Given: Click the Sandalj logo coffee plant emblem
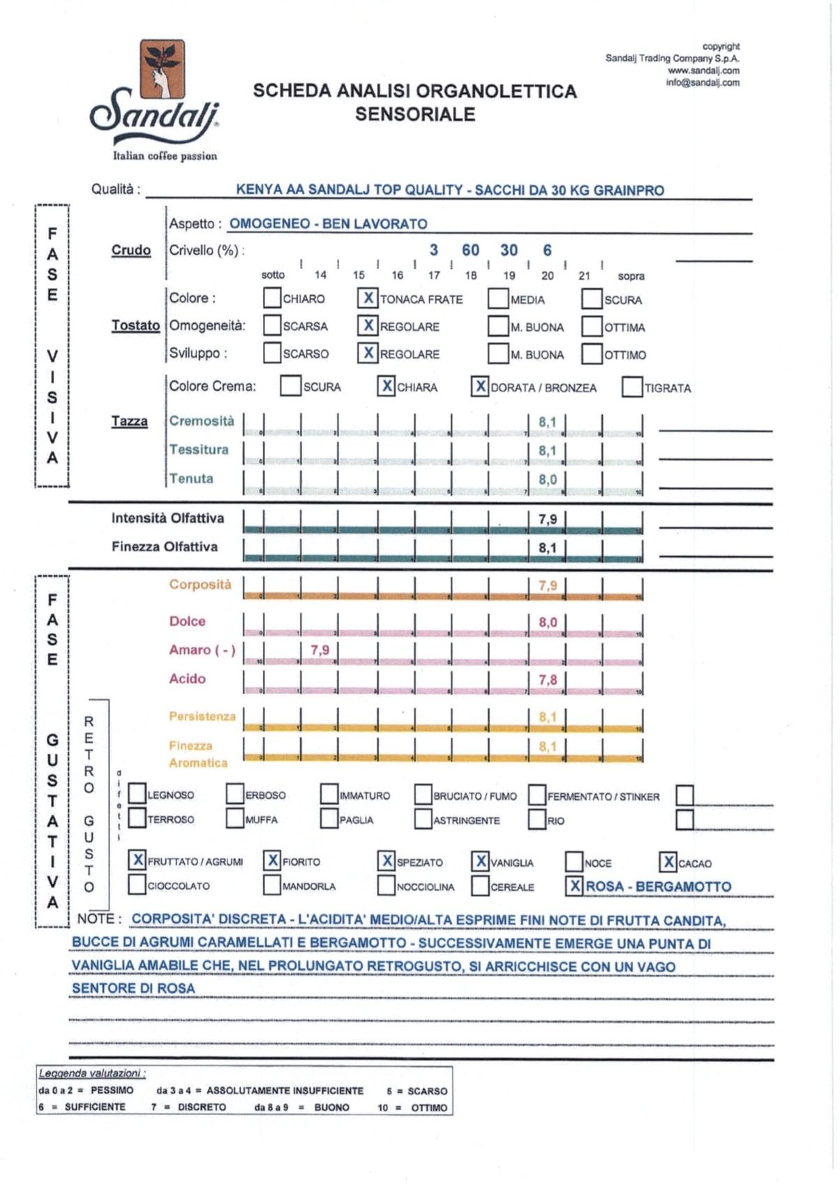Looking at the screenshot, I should (162, 68).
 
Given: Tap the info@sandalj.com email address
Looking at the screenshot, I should (703, 82).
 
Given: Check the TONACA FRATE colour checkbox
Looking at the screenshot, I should (368, 298).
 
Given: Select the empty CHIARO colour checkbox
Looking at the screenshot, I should (272, 298).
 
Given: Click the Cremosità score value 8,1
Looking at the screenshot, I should (548, 422).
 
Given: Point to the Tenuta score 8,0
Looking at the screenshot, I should (548, 479).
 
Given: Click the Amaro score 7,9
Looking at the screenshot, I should (320, 650).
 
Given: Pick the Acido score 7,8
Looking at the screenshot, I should (548, 679).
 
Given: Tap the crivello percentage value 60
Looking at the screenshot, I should (471, 250).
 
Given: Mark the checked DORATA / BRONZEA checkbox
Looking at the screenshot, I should (480, 387).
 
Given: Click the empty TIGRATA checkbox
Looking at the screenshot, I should (631, 387).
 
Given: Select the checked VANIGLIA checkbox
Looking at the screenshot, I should (481, 862).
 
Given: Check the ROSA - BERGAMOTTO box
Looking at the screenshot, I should (575, 886).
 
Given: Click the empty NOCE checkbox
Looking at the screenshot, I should (574, 862).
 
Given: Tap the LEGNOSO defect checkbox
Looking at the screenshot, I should (137, 794).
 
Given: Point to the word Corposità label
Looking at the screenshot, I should (200, 585).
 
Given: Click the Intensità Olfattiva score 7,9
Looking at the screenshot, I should (548, 519).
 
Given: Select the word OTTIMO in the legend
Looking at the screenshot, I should (429, 1107).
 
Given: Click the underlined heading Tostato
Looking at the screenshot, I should (135, 325).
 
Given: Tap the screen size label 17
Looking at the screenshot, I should (434, 276).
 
